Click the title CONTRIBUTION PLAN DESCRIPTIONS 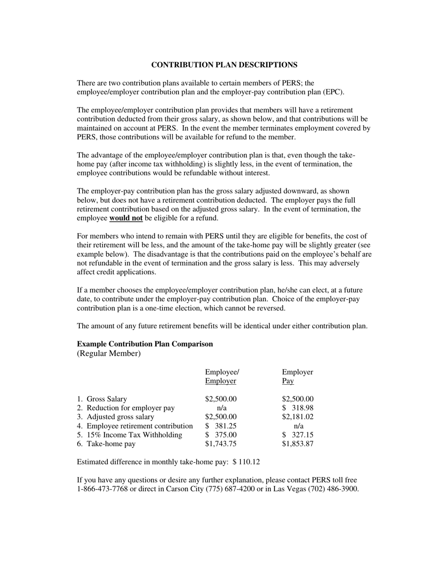[224, 65]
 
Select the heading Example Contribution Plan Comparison [145, 344]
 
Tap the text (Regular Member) [109, 354]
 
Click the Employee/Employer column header [222, 376]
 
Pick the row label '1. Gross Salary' [102, 399]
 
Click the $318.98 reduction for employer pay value [298, 408]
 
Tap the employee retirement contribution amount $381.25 [221, 426]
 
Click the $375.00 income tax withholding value [221, 435]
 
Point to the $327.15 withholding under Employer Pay [298, 435]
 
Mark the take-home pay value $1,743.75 [221, 444]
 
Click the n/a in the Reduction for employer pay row [221, 408]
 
